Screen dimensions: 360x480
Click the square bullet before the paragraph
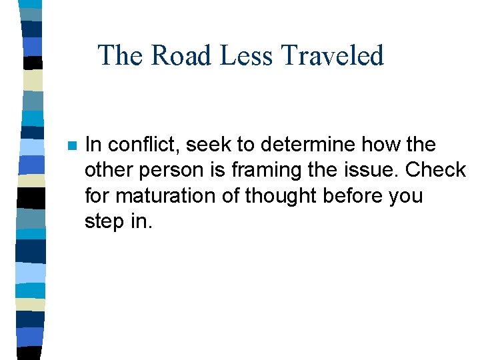coord(73,145)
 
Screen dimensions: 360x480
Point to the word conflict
coord(136,145)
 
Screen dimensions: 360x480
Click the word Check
coord(436,170)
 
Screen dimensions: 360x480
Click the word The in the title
coord(121,55)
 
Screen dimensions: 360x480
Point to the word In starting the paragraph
coord(93,145)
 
